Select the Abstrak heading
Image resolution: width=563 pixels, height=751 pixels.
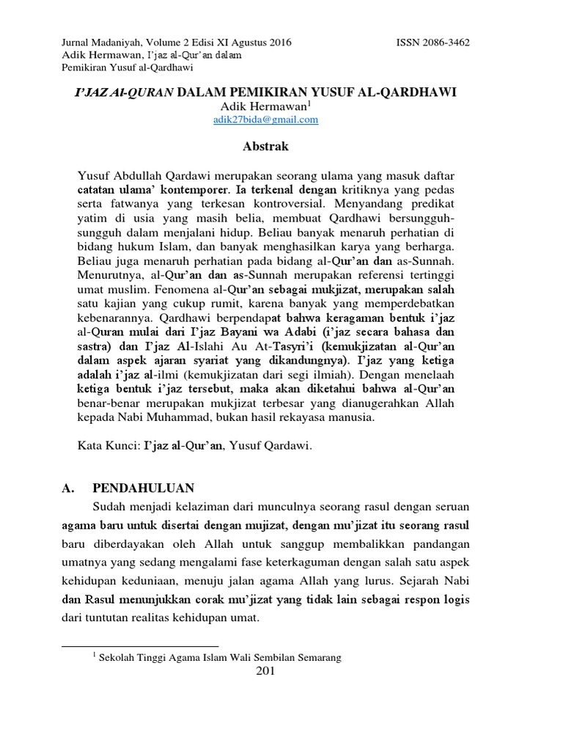265,147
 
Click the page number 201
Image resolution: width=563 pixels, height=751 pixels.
265,672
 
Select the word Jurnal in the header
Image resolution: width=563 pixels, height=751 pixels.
78,43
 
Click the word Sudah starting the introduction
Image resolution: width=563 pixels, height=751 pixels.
111,507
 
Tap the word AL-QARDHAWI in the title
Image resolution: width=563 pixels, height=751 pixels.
413,93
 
